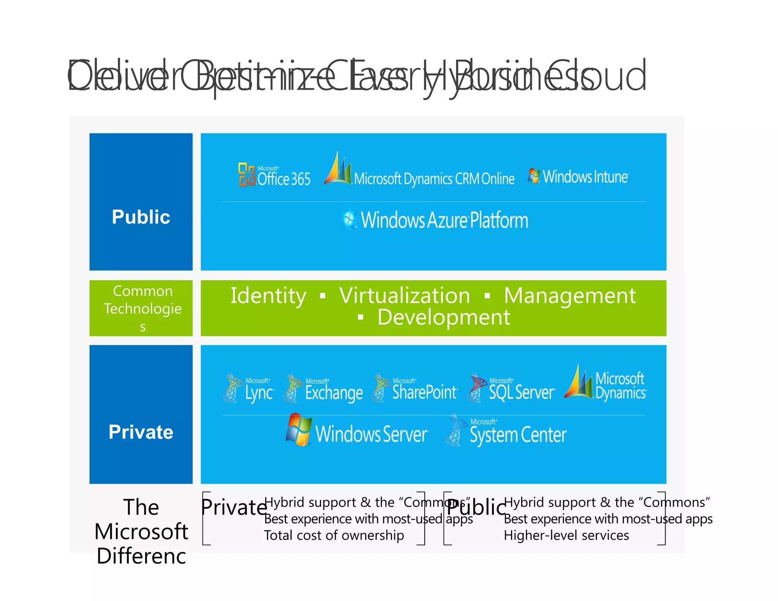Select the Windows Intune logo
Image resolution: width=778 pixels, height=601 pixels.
tap(578, 177)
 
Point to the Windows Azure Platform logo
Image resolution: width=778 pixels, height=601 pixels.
tap(435, 220)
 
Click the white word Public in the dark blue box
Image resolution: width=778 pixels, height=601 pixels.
tap(141, 217)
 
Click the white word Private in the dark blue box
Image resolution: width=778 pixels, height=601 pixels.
tap(141, 432)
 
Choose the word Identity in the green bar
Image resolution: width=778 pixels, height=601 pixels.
tap(268, 296)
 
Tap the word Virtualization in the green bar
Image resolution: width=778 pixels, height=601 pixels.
tap(405, 296)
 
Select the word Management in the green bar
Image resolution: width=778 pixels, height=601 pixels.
tap(569, 296)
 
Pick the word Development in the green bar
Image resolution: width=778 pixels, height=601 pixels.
tap(443, 317)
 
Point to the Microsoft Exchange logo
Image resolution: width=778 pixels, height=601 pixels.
tap(324, 388)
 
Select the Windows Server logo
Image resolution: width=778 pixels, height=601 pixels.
tap(356, 431)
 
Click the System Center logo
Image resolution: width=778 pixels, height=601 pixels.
tap(507, 432)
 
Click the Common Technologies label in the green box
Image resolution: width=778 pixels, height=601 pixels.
tap(142, 308)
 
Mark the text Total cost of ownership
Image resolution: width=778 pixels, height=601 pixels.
tap(334, 535)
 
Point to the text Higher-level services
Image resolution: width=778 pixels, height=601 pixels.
tap(566, 535)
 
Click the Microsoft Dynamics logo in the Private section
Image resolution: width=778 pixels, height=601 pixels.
tap(606, 384)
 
